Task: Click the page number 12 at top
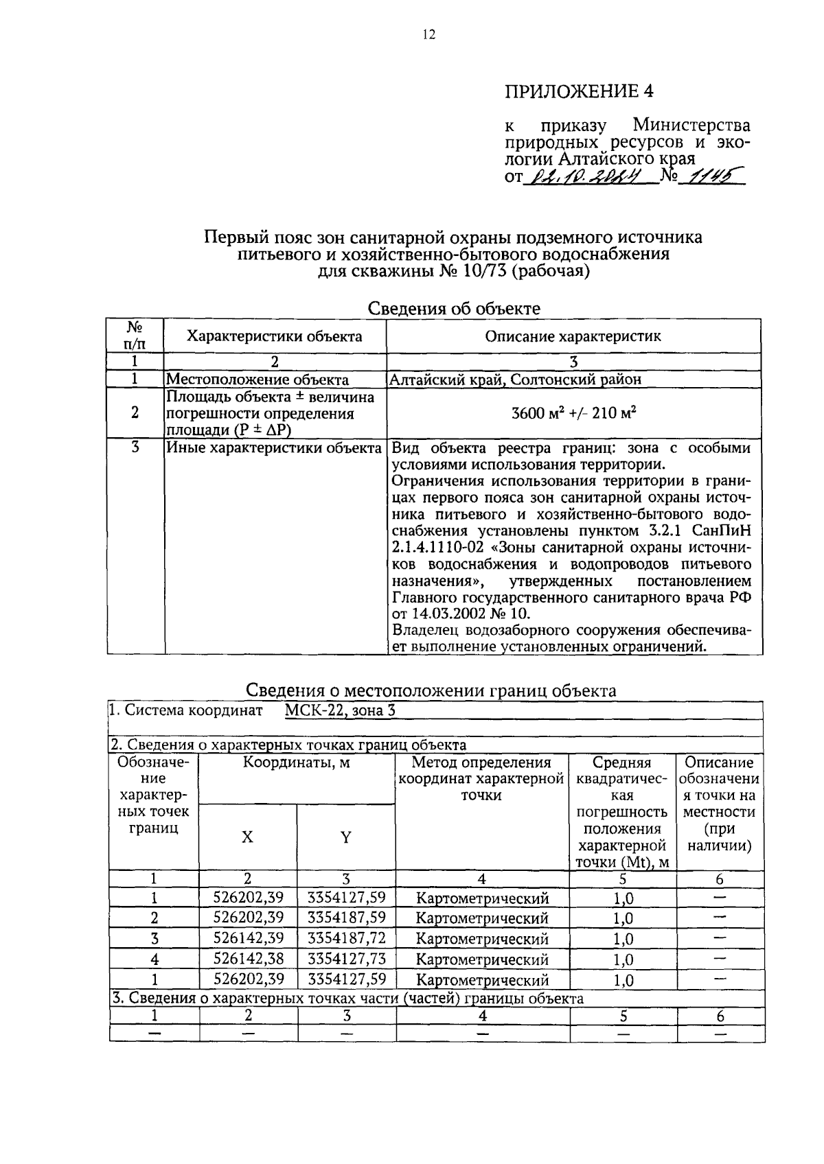pos(428,35)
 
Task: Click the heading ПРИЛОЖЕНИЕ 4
pos(578,91)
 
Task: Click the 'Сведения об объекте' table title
pos(454,308)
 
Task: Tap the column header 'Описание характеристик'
pos(573,336)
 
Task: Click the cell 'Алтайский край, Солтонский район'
pos(515,379)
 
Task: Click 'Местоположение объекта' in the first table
pos(257,379)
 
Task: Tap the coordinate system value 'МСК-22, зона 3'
pos(340,710)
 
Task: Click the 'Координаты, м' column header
pos(296,763)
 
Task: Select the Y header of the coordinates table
pos(345,837)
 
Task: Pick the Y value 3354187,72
pos(346,938)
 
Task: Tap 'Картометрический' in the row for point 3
pos(482,938)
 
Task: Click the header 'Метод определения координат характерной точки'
pos(481,779)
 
